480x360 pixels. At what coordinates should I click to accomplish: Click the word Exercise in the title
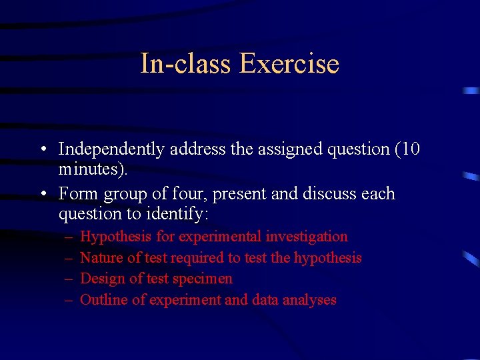click(x=289, y=64)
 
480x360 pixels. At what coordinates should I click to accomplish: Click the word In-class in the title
click(x=185, y=64)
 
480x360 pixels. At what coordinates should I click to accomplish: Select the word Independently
click(x=111, y=149)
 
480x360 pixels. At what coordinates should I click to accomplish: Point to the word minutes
click(x=91, y=170)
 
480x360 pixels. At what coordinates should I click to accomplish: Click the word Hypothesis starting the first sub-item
click(x=117, y=237)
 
